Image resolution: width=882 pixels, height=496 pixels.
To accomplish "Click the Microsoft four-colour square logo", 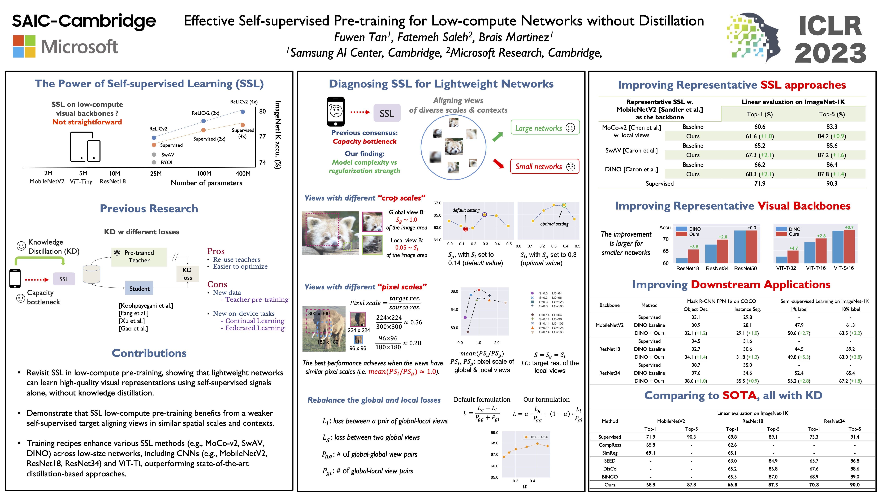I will pyautogui.click(x=24, y=46).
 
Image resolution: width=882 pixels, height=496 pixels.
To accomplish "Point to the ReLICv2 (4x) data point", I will pyautogui.click(x=243, y=112).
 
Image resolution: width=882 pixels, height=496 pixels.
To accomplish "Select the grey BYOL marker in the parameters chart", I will pyautogui.click(x=154, y=162).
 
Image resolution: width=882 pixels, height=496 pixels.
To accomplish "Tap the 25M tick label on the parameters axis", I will pyautogui.click(x=156, y=173).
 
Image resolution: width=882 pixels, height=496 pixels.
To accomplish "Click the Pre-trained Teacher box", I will pyautogui.click(x=139, y=256).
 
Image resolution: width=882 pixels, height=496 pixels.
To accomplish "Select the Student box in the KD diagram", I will pyautogui.click(x=139, y=289).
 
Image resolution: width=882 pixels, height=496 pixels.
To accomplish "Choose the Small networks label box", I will pyautogui.click(x=544, y=167).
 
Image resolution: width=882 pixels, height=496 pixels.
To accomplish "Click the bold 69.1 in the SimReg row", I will pyautogui.click(x=650, y=453).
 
